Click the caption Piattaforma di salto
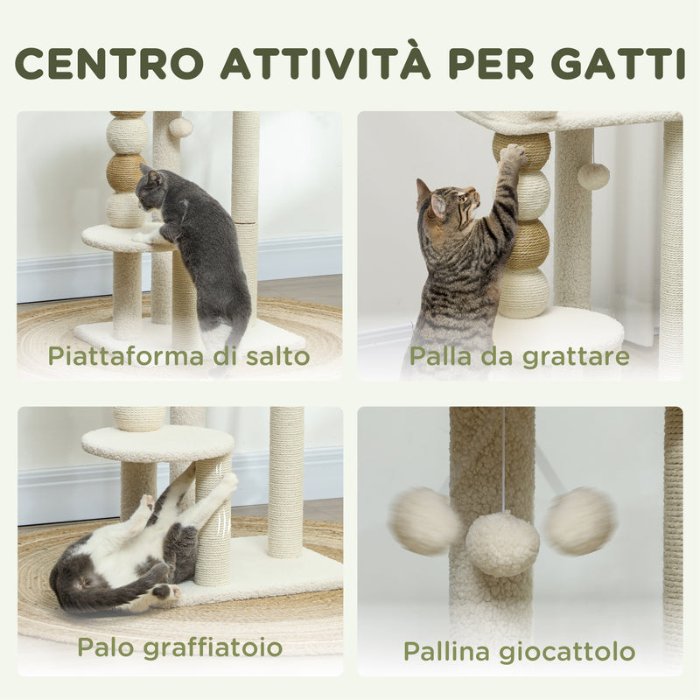178,356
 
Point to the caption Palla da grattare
519,356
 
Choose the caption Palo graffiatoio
179,647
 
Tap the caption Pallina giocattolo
519,651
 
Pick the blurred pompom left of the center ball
424,521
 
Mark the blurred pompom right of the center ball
579,521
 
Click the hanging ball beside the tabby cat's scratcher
593,176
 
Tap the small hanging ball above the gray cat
181,128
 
